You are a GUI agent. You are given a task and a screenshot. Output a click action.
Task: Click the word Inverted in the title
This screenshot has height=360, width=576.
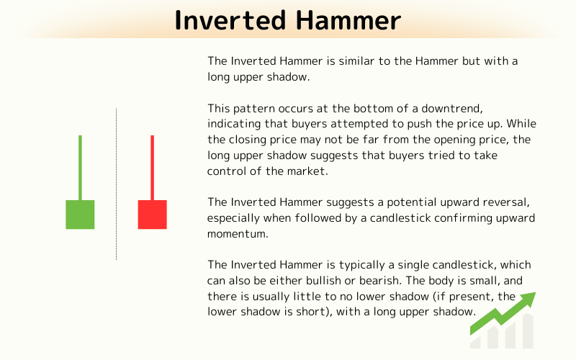tap(228, 20)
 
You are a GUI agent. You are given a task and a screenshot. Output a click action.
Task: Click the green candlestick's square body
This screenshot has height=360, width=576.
tap(80, 215)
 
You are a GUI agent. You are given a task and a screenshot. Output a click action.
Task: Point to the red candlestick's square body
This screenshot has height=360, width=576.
tap(152, 215)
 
